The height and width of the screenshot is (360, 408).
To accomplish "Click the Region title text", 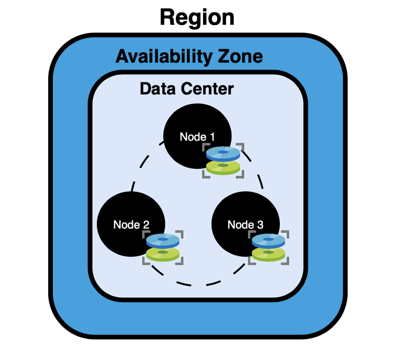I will [x=197, y=18].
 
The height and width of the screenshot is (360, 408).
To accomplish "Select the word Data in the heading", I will [x=157, y=88].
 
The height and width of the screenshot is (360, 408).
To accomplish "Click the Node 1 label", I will [x=197, y=137].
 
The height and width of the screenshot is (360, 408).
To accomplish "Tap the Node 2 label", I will [x=131, y=225].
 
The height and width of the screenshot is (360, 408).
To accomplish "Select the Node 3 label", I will [x=245, y=225].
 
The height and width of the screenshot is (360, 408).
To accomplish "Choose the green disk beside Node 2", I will [x=162, y=254].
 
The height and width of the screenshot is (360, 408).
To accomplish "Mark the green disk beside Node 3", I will [x=268, y=254].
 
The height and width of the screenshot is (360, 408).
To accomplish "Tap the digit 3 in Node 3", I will [x=260, y=225].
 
